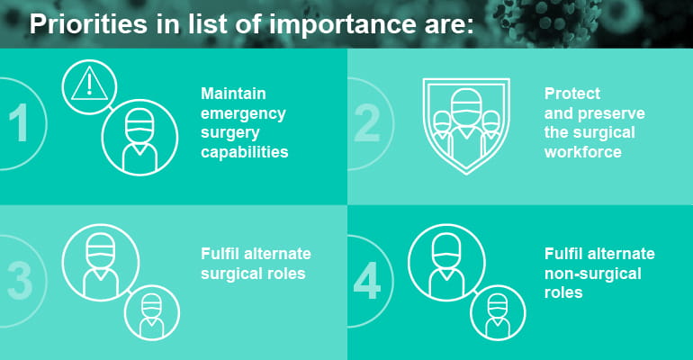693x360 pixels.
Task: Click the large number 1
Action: pos(15,124)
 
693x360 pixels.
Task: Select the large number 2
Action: pos(368,124)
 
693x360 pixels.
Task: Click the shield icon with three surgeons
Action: pos(465,126)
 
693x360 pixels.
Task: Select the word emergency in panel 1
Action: pos(243,113)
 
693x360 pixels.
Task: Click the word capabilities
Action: pos(245,152)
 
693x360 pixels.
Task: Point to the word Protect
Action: pos(572,94)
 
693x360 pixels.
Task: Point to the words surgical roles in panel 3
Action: pos(253,274)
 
